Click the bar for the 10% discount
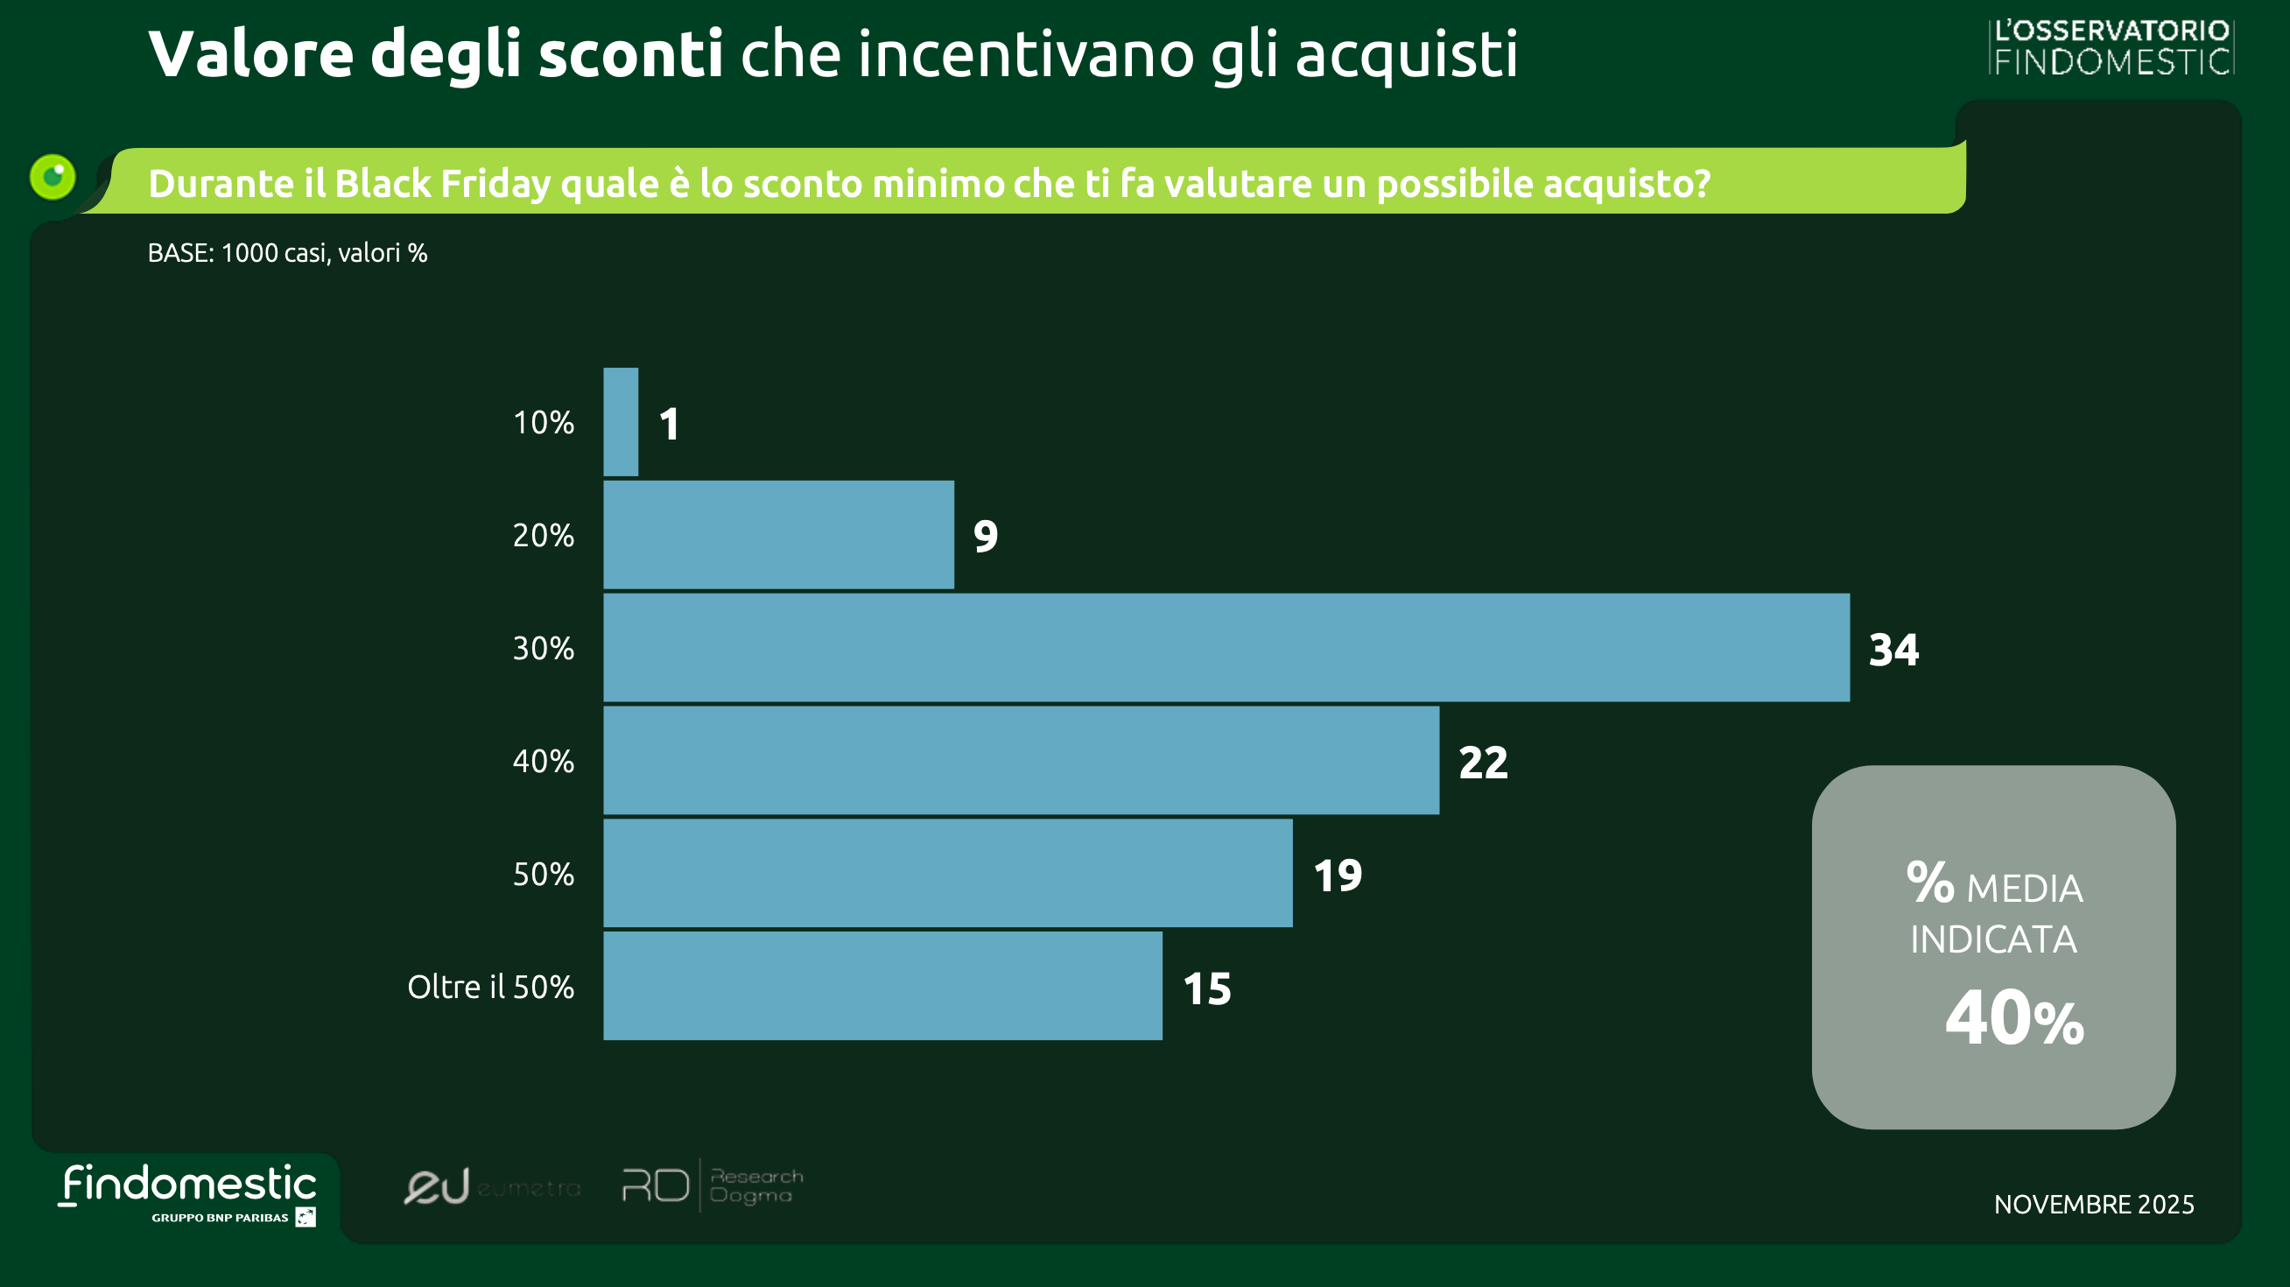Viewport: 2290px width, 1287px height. [x=621, y=422]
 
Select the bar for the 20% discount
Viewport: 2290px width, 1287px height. [x=778, y=535]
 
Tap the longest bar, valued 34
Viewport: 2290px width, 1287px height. [x=1226, y=648]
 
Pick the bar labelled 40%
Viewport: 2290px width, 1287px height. [x=1021, y=761]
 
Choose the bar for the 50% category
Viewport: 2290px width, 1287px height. [x=948, y=874]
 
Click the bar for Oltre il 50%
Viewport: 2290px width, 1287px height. [x=882, y=987]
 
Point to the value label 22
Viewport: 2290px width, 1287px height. [x=1483, y=763]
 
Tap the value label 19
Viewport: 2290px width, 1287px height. [x=1338, y=876]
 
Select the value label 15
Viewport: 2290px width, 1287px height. [x=1207, y=988]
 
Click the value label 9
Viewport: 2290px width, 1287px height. [x=986, y=536]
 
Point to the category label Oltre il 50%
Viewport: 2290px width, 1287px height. [x=491, y=987]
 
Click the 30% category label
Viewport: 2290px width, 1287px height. [x=543, y=648]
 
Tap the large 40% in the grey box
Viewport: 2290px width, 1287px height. [x=2013, y=1018]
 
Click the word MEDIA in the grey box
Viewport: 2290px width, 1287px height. [x=2024, y=888]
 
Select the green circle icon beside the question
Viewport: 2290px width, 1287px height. [x=53, y=176]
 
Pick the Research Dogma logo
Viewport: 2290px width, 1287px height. [x=711, y=1185]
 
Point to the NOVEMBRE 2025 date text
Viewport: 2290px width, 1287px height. [x=2094, y=1205]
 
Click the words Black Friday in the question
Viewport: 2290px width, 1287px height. [x=442, y=183]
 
